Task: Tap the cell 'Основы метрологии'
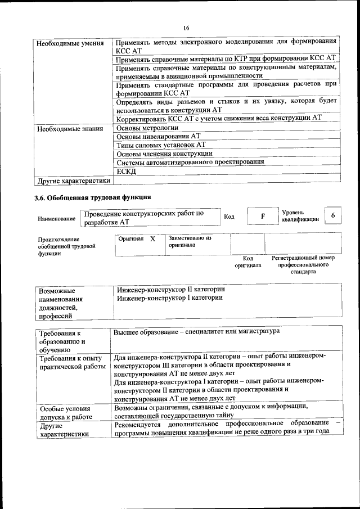(147, 128)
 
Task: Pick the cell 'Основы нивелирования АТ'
(158, 136)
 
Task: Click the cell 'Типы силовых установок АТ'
(161, 145)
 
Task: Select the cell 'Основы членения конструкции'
(164, 153)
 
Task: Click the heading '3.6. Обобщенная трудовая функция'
(92, 197)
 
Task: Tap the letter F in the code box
(263, 216)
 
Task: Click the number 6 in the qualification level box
(334, 216)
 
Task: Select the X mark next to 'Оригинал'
(152, 239)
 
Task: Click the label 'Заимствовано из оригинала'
(190, 242)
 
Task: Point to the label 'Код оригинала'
(247, 262)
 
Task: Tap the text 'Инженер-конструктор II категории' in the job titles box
(171, 289)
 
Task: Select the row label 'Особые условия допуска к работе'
(65, 412)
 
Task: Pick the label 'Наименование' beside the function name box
(56, 219)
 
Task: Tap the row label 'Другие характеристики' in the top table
(73, 181)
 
